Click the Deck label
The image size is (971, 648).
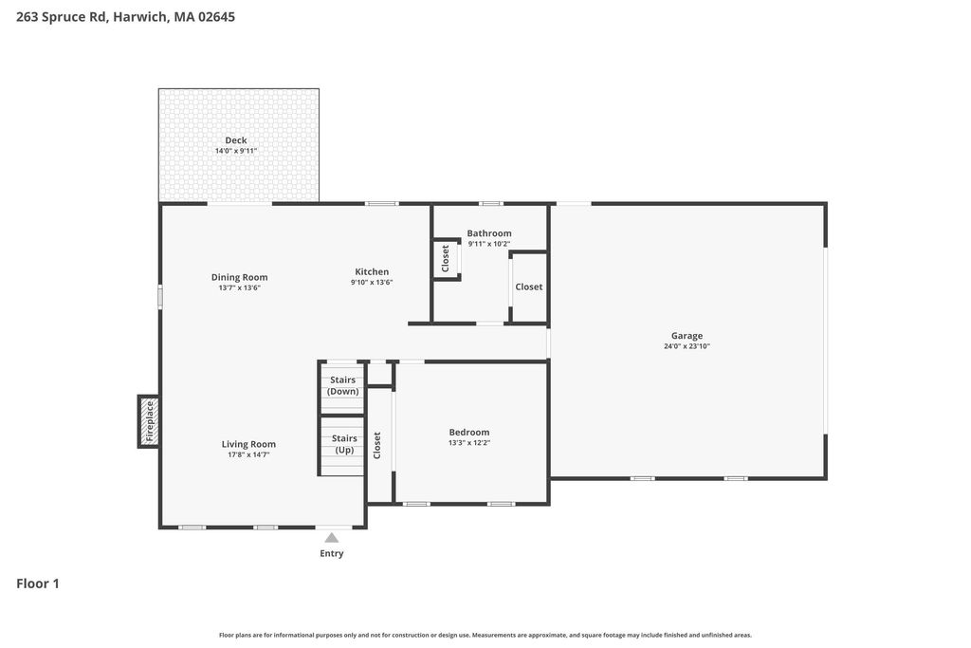(236, 140)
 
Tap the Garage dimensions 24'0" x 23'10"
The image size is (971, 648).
(687, 346)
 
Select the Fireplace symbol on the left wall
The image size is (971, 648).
(149, 421)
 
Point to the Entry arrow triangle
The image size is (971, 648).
(332, 537)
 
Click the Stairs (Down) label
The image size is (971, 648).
(342, 385)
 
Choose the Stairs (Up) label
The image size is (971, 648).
(344, 444)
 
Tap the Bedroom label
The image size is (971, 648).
(469, 433)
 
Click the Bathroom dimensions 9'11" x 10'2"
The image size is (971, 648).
(489, 244)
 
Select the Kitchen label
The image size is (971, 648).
(372, 272)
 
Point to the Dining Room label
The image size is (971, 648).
(240, 278)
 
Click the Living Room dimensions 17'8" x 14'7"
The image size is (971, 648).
(248, 454)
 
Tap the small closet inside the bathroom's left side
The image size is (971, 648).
(446, 259)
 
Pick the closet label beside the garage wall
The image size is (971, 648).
(529, 287)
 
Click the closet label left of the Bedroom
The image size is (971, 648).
(377, 445)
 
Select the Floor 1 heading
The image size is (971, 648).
(38, 583)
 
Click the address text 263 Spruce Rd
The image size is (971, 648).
(62, 17)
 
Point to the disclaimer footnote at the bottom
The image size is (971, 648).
(485, 635)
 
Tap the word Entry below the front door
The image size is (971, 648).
(332, 554)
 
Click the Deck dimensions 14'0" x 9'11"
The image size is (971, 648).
(236, 151)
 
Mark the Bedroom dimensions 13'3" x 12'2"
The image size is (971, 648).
(469, 443)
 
